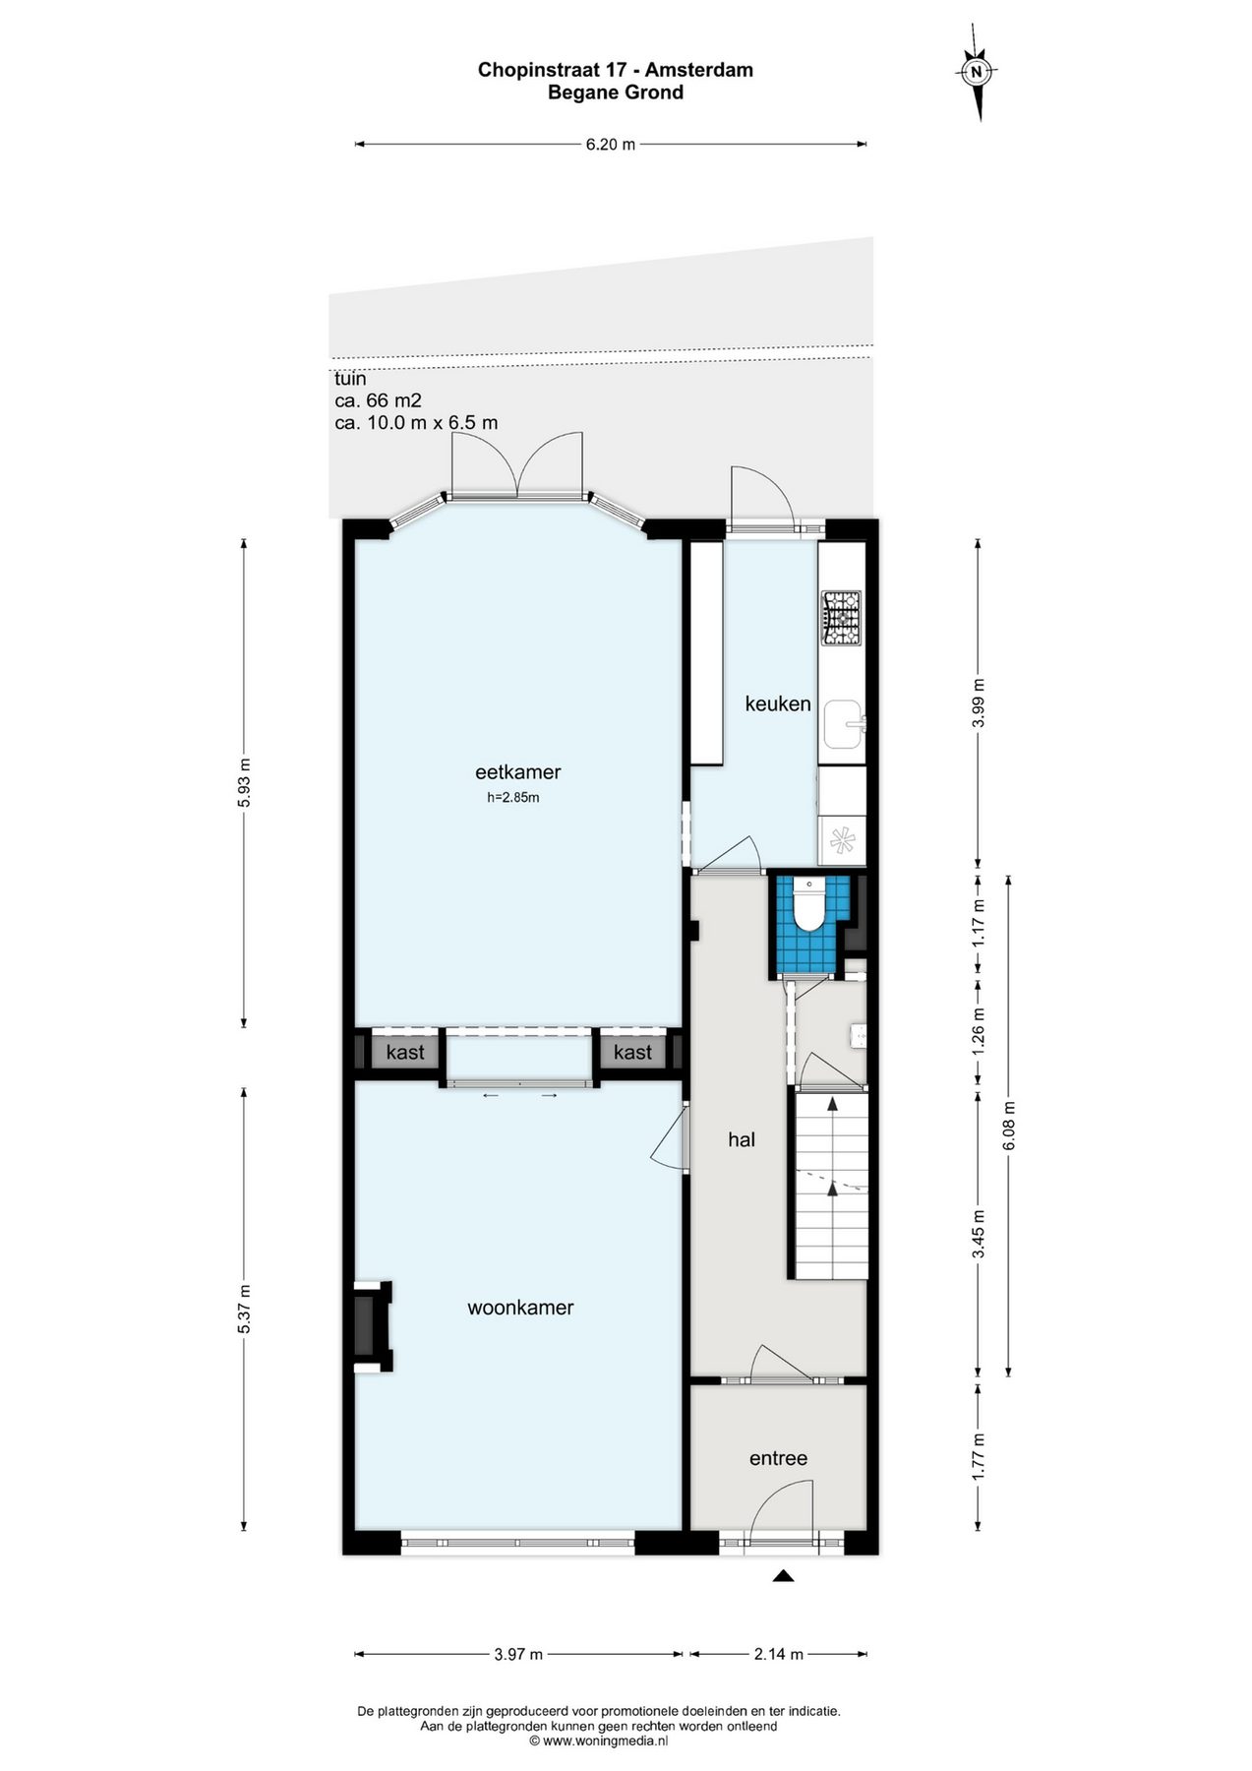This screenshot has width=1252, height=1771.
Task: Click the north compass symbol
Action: pos(977,71)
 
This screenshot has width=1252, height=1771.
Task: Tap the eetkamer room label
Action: pos(517,772)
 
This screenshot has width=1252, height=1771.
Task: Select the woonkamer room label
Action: pos(520,1308)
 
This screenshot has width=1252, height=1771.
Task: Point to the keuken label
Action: pos(778,703)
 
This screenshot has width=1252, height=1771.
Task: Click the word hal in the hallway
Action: pos(742,1139)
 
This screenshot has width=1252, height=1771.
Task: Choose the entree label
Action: pos(778,1458)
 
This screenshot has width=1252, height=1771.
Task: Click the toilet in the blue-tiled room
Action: pos(808,904)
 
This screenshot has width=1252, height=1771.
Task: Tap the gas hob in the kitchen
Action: pos(841,618)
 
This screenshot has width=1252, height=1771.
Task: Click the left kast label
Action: pos(405,1053)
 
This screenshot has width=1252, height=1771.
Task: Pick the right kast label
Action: pos(632,1053)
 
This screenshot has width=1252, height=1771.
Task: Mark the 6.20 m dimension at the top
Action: pos(611,144)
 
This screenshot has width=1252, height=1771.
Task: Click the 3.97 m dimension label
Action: pos(518,1654)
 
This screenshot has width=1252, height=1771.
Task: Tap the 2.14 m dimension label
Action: pos(779,1654)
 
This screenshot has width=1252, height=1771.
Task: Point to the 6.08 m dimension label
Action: pos(1008,1125)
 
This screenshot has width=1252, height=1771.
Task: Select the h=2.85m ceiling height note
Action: pos(513,798)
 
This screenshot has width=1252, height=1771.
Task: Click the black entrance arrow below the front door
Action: pos(783,1575)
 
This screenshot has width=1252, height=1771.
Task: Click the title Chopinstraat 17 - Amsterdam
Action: pos(616,70)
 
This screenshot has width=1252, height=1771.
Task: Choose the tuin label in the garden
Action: pos(350,379)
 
